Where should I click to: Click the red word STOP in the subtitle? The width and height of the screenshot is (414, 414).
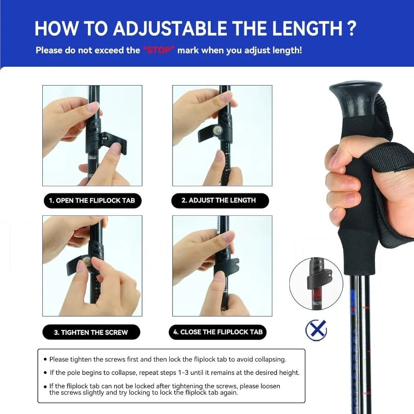click(x=159, y=50)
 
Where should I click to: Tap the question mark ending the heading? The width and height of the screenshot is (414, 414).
click(x=351, y=29)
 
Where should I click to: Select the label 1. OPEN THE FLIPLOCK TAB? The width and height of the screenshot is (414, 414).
click(x=92, y=201)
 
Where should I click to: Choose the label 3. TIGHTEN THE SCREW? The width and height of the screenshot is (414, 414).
click(x=91, y=332)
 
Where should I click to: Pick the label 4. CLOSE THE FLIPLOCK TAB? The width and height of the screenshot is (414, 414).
click(x=218, y=332)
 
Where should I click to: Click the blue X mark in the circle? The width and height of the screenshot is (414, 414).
click(x=316, y=330)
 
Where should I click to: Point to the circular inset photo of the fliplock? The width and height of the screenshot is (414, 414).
click(x=316, y=283)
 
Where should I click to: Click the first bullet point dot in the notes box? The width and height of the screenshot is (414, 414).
click(x=45, y=359)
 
